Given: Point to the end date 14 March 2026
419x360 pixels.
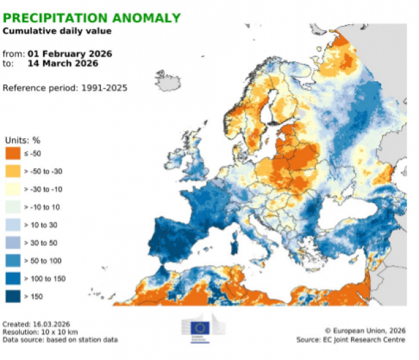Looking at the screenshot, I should point(63,63).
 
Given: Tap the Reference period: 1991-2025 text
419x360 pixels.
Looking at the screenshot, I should point(65,87).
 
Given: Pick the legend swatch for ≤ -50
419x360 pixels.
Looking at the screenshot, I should point(13,154).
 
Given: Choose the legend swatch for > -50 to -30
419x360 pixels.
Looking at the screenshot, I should point(13,171).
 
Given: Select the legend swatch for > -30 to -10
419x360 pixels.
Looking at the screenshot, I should point(13,189).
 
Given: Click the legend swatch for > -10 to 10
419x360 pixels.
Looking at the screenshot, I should point(13,207).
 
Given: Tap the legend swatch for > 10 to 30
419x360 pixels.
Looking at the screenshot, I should point(13,225).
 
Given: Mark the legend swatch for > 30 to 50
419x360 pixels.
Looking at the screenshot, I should point(13,242).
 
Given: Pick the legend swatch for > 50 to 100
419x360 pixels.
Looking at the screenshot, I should point(13,260).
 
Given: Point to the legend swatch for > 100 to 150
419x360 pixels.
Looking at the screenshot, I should point(13,278).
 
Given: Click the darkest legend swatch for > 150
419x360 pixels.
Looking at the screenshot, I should point(13,295).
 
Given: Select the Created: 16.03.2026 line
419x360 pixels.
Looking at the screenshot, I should point(37,325).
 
